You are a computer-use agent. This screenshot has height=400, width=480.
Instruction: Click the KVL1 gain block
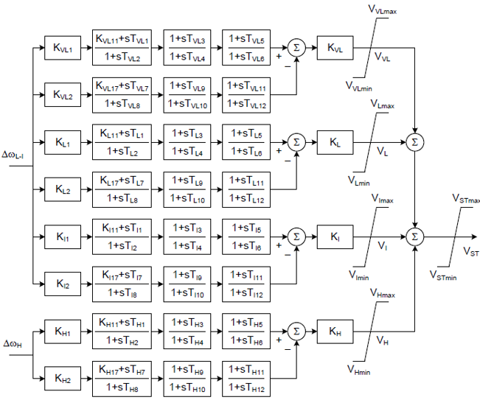[62, 49]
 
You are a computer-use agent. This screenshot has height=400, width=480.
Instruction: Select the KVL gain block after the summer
[335, 49]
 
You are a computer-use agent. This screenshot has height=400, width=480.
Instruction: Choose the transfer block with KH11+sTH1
[122, 331]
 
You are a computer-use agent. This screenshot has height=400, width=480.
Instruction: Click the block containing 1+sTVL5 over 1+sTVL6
[246, 49]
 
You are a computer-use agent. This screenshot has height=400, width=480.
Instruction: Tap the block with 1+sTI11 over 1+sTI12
[246, 283]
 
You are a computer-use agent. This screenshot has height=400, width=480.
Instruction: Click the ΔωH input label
[15, 344]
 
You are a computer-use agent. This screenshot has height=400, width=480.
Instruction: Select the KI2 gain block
[62, 283]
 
